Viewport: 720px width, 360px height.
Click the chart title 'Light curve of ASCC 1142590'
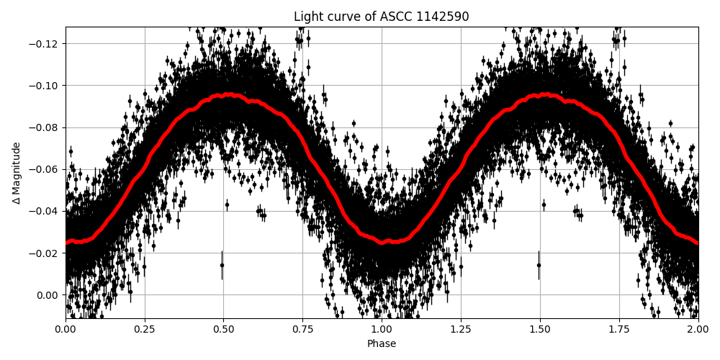[381, 17]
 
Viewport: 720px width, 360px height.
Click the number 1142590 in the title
[441, 17]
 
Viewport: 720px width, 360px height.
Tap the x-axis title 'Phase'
[382, 344]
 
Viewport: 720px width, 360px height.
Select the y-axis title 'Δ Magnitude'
[17, 173]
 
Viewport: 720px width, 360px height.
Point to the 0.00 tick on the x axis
[66, 329]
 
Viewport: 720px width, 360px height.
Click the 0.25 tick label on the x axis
[145, 329]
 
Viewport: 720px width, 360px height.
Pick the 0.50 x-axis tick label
[223, 329]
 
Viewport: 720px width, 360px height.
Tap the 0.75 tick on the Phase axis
[302, 329]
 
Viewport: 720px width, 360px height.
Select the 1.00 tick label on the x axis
[382, 329]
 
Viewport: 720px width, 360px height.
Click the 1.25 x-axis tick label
[461, 329]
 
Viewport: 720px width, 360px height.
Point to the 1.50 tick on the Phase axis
[540, 329]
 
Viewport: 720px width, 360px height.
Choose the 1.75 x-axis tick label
[619, 329]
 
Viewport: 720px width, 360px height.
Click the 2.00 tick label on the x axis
[698, 329]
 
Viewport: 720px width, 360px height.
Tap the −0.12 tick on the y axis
[45, 44]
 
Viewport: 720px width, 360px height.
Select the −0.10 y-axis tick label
[45, 86]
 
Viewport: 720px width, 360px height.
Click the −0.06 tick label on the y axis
[45, 169]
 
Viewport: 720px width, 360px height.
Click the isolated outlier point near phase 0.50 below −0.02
[222, 265]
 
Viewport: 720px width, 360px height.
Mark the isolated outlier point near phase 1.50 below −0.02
[539, 265]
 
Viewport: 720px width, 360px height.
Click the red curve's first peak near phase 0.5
[229, 94]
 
